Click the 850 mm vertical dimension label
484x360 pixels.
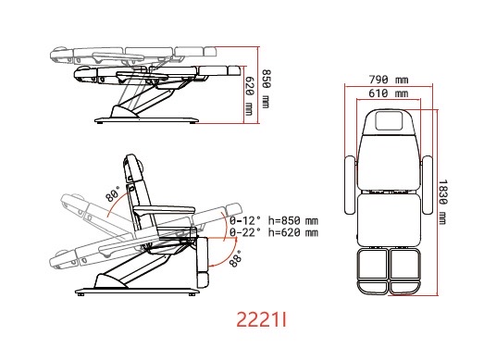point(266,89)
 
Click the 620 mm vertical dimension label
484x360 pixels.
point(249,95)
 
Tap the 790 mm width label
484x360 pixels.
point(389,80)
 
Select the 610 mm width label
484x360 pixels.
point(389,93)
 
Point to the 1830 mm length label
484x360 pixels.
point(442,203)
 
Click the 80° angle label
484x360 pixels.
point(112,194)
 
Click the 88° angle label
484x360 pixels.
point(236,259)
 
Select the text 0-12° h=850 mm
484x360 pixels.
point(274,221)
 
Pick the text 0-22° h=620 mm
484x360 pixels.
point(274,232)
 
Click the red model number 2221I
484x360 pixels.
point(262,319)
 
